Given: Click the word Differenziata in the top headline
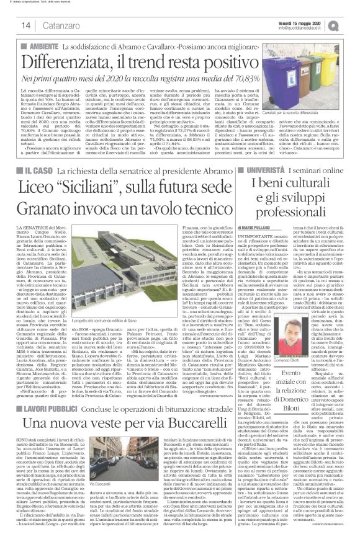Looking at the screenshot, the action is pyautogui.click(x=87, y=62).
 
